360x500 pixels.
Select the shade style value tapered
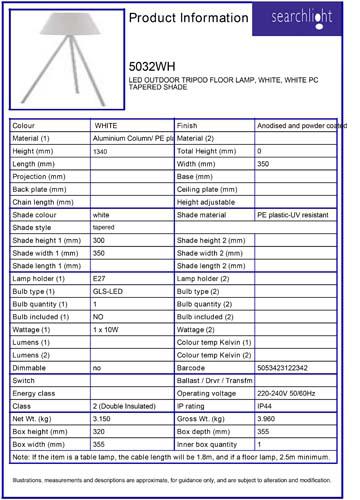coord(103,227)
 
